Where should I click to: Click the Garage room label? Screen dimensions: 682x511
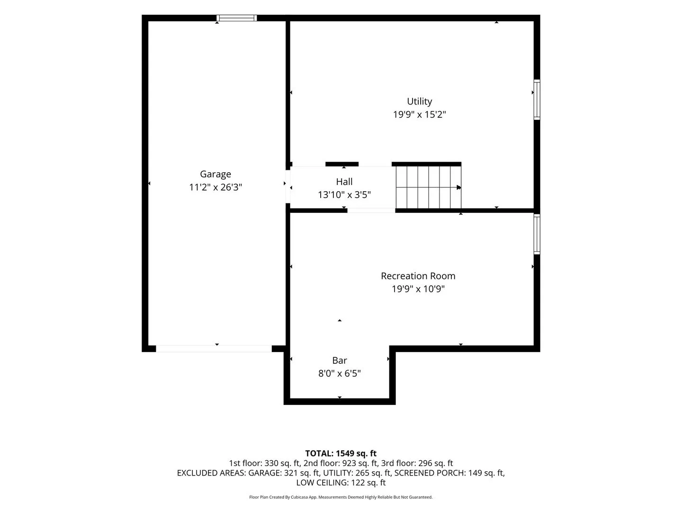pos(215,175)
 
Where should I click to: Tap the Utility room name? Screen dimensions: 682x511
pos(420,101)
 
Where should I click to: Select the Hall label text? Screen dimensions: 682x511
pos(344,182)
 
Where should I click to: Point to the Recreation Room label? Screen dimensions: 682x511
pos(418,276)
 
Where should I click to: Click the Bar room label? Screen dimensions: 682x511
pos(340,360)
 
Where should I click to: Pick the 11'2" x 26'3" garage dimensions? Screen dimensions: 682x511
pos(215,187)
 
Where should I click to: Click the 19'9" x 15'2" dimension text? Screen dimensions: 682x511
pos(420,115)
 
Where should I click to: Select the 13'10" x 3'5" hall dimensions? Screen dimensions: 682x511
pos(344,195)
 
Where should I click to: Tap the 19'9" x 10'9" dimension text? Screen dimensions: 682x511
pos(418,289)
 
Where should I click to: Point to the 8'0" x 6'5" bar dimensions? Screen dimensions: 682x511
pos(340,373)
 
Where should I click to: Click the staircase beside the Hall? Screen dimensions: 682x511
pos(429,187)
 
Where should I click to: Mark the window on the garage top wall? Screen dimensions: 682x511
pos(237,18)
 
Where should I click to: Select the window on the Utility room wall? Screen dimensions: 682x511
pos(537,99)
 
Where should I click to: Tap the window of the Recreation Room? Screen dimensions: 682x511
pos(537,234)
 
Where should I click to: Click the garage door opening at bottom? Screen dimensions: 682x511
pos(214,348)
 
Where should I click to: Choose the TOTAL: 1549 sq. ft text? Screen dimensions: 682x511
pos(341,454)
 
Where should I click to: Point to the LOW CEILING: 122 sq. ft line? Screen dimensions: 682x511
pos(341,483)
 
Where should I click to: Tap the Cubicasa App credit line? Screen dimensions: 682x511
pos(341,497)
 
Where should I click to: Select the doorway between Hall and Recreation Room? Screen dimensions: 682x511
pos(371,211)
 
